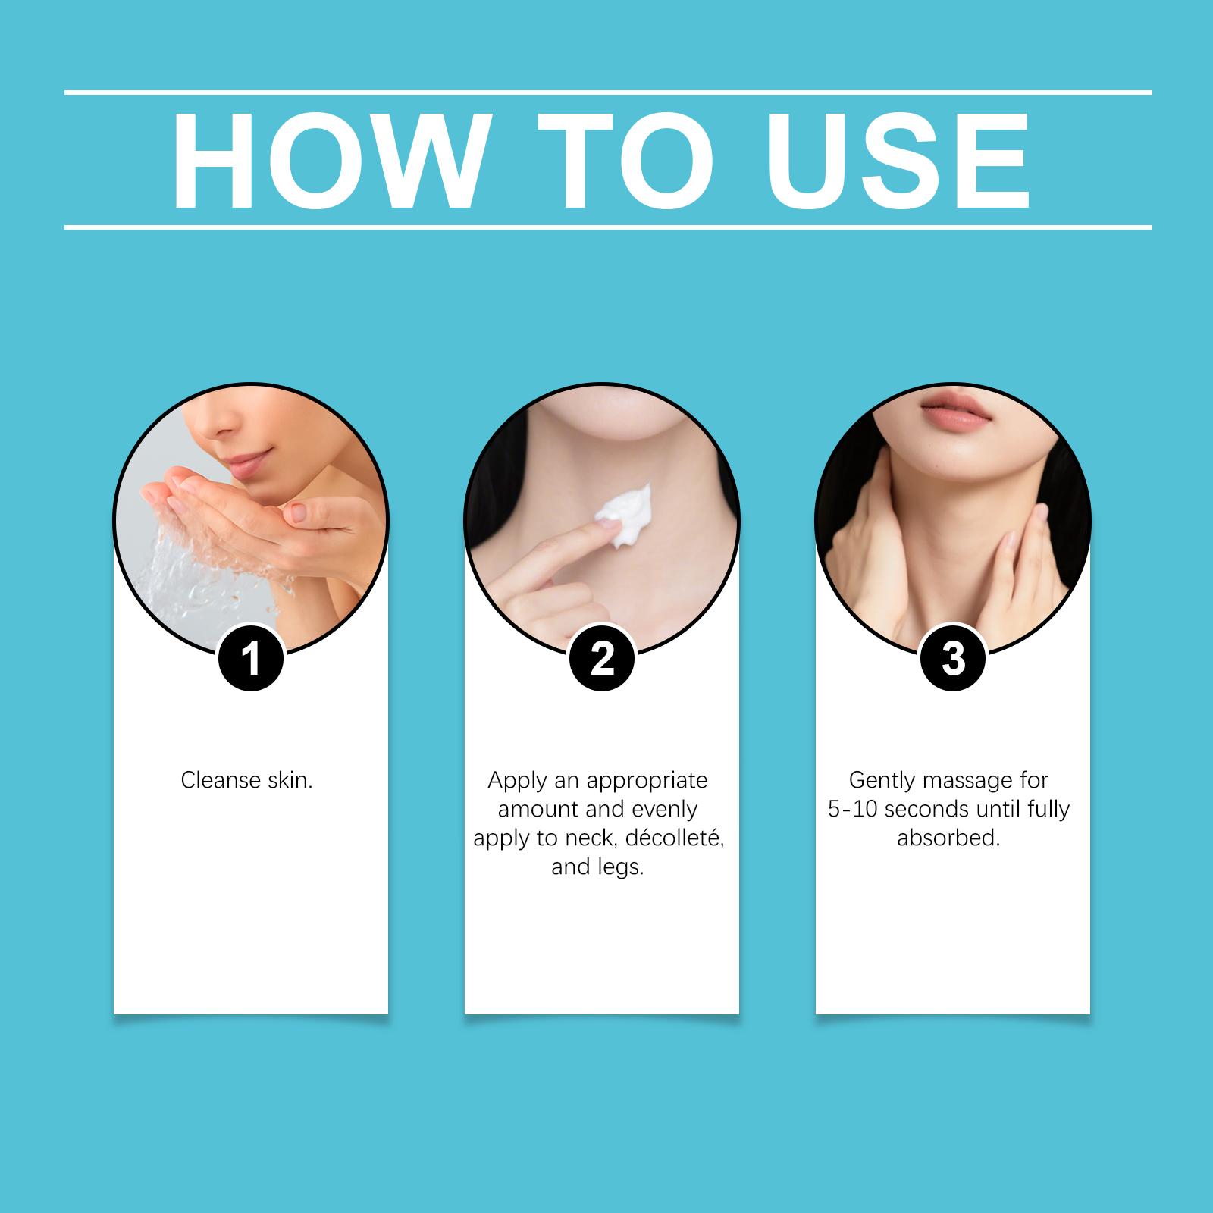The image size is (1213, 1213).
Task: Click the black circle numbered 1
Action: [x=250, y=658]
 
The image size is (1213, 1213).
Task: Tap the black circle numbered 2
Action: [x=601, y=658]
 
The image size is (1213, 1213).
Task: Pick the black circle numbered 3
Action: [x=953, y=658]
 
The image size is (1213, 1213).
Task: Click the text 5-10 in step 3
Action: [x=853, y=809]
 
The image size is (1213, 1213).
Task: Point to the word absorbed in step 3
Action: [x=948, y=838]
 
